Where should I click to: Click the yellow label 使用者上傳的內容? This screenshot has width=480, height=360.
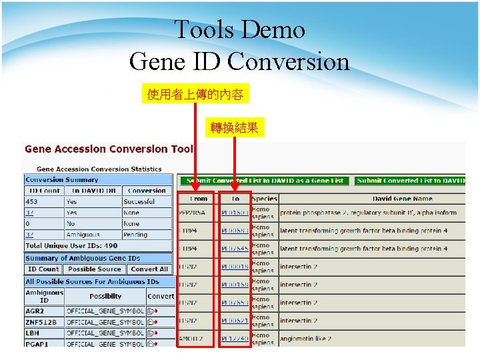(195, 95)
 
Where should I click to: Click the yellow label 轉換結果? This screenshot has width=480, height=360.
(235, 127)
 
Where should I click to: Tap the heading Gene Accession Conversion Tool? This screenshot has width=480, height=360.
(109, 149)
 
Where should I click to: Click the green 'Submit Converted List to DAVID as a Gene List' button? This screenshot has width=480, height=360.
(263, 181)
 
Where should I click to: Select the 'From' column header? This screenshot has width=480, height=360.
(198, 199)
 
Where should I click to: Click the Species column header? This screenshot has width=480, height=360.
(265, 199)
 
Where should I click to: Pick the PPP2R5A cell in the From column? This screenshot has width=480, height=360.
(193, 213)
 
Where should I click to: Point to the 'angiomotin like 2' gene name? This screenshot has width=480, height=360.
(306, 339)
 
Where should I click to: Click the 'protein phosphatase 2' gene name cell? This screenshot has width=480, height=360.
(368, 213)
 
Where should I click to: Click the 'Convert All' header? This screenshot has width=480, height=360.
(149, 269)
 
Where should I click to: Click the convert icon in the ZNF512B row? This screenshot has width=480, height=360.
(152, 322)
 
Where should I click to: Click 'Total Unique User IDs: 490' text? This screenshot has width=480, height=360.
(71, 246)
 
